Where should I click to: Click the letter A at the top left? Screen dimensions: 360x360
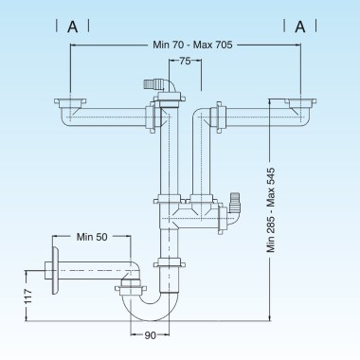72,27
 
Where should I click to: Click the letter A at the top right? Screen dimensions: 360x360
300,27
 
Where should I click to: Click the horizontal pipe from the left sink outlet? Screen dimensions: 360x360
104,117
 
